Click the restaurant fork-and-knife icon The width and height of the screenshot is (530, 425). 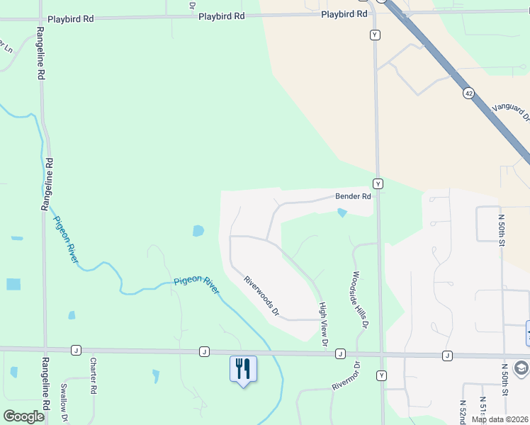point(242,368)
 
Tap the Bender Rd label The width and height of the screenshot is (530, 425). point(353,196)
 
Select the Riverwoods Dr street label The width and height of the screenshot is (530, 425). point(261,295)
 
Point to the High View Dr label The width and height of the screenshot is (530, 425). point(322,324)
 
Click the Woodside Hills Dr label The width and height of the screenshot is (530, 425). point(361,300)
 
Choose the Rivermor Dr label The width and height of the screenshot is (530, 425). point(346,376)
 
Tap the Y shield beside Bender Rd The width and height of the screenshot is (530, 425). point(378,183)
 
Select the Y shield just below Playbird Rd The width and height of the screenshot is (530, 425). point(374,34)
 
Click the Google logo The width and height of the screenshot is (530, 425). point(23,416)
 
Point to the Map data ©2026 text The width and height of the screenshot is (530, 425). point(498,419)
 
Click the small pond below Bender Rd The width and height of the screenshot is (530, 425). point(343,212)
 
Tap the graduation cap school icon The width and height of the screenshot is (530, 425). point(521,368)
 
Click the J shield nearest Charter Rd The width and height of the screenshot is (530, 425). point(75,350)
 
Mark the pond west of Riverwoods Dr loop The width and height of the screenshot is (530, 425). point(198,231)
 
